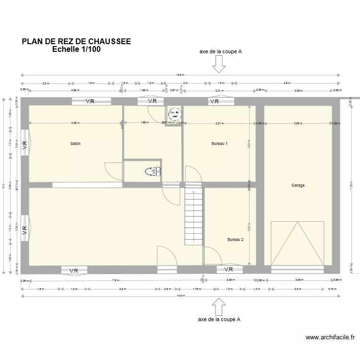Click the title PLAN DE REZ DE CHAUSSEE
point(76,42)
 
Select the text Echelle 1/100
point(76,49)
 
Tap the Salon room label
point(75,144)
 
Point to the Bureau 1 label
point(219,144)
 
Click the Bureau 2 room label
point(235,240)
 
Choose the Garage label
point(298,185)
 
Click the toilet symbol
point(153,171)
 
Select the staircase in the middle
point(194,216)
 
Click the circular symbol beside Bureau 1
point(175,114)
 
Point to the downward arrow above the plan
point(219,64)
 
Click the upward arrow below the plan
point(219,306)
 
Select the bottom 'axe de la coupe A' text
point(219,319)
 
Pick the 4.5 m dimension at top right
point(287,83)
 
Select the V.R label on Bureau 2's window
point(229,270)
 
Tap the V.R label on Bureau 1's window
point(214,101)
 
